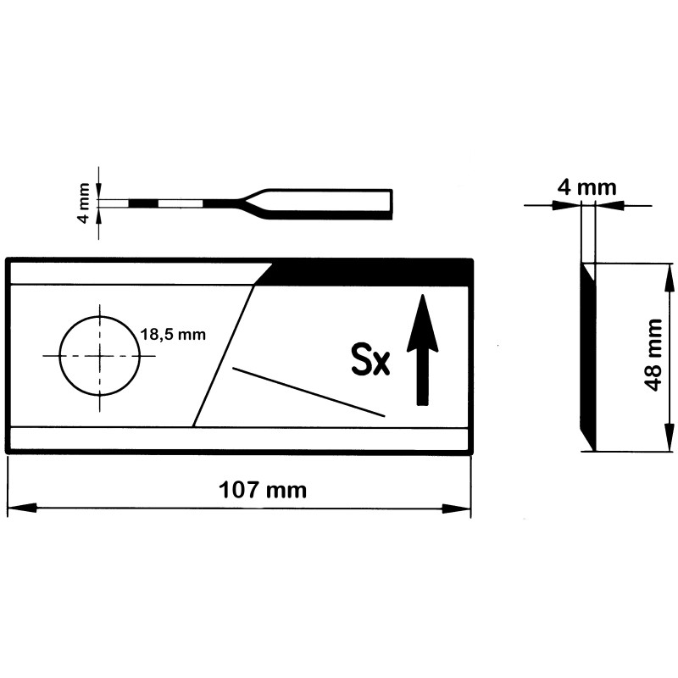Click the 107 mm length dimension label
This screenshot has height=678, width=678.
(263, 490)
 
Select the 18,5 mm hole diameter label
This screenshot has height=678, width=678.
(173, 334)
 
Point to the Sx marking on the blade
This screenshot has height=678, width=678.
(370, 358)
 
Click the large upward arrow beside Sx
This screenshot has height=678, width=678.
(422, 349)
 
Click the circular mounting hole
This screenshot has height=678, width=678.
(100, 355)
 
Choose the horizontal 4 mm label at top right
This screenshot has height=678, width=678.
(586, 188)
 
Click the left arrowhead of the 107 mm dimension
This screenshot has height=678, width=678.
(22, 508)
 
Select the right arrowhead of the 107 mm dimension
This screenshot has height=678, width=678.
(456, 508)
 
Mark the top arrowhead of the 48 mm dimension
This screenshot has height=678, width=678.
(669, 278)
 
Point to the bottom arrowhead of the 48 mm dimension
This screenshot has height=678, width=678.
(669, 436)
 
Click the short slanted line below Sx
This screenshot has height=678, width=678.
(308, 392)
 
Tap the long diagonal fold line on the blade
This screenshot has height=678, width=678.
(223, 356)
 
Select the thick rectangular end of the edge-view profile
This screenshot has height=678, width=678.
(329, 203)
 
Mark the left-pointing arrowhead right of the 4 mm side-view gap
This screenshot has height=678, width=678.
(610, 205)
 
